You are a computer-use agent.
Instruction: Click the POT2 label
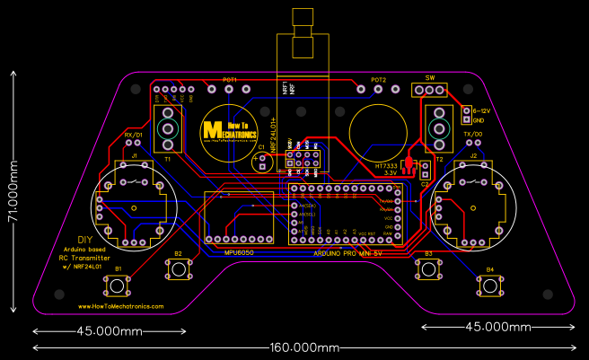click(378, 80)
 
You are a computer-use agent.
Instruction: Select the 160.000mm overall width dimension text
click(303, 347)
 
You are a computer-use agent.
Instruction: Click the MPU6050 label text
click(240, 252)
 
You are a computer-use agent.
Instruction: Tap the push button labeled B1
click(118, 286)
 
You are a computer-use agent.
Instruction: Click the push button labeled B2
click(177, 269)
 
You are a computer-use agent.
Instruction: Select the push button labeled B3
click(428, 269)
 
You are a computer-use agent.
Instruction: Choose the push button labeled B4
click(489, 286)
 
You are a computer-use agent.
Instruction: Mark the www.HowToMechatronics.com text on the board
click(115, 306)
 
